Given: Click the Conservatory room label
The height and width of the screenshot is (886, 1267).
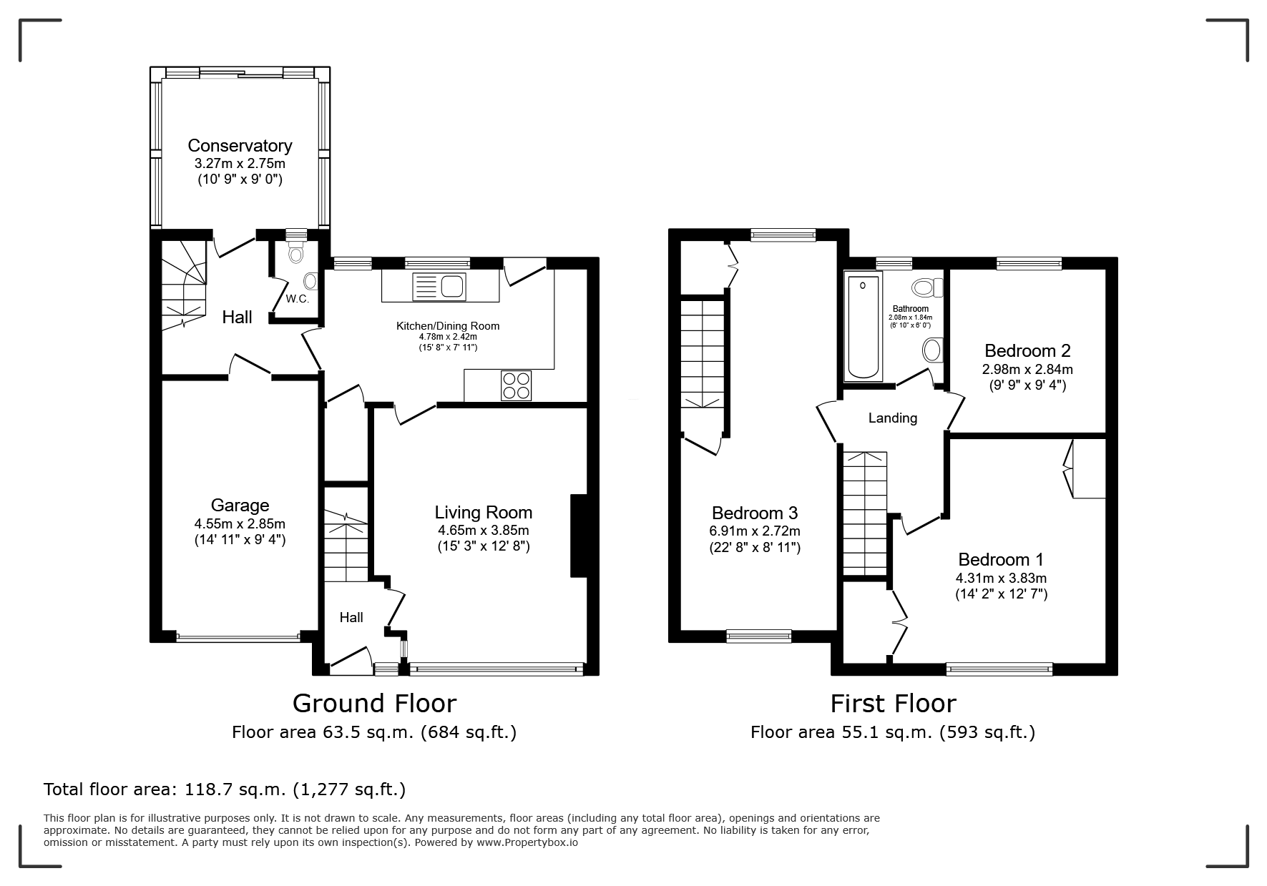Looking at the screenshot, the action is tap(240, 146).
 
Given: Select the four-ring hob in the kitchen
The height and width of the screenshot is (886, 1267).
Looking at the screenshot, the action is tap(516, 386).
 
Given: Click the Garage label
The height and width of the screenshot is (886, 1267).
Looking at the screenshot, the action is tap(240, 506).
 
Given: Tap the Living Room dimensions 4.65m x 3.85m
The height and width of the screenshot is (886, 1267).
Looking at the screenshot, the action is tap(484, 531).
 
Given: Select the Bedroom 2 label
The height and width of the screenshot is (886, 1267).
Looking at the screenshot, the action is tap(1027, 351).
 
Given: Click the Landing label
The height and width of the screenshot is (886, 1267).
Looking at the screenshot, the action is tap(893, 418).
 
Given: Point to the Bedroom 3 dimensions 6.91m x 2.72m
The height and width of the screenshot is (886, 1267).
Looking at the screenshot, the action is tap(755, 531).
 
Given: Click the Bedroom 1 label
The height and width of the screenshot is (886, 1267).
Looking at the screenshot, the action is tap(1001, 560).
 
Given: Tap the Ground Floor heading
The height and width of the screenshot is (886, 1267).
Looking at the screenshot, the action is tap(374, 704).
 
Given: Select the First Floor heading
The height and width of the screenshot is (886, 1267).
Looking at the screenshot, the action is tap(893, 704).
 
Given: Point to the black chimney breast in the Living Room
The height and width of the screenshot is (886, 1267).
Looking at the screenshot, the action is tap(578, 535).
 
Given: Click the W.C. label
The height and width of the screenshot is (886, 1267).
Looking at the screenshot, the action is tap(298, 299).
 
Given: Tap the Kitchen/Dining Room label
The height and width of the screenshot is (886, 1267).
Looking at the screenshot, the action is tap(448, 326).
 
